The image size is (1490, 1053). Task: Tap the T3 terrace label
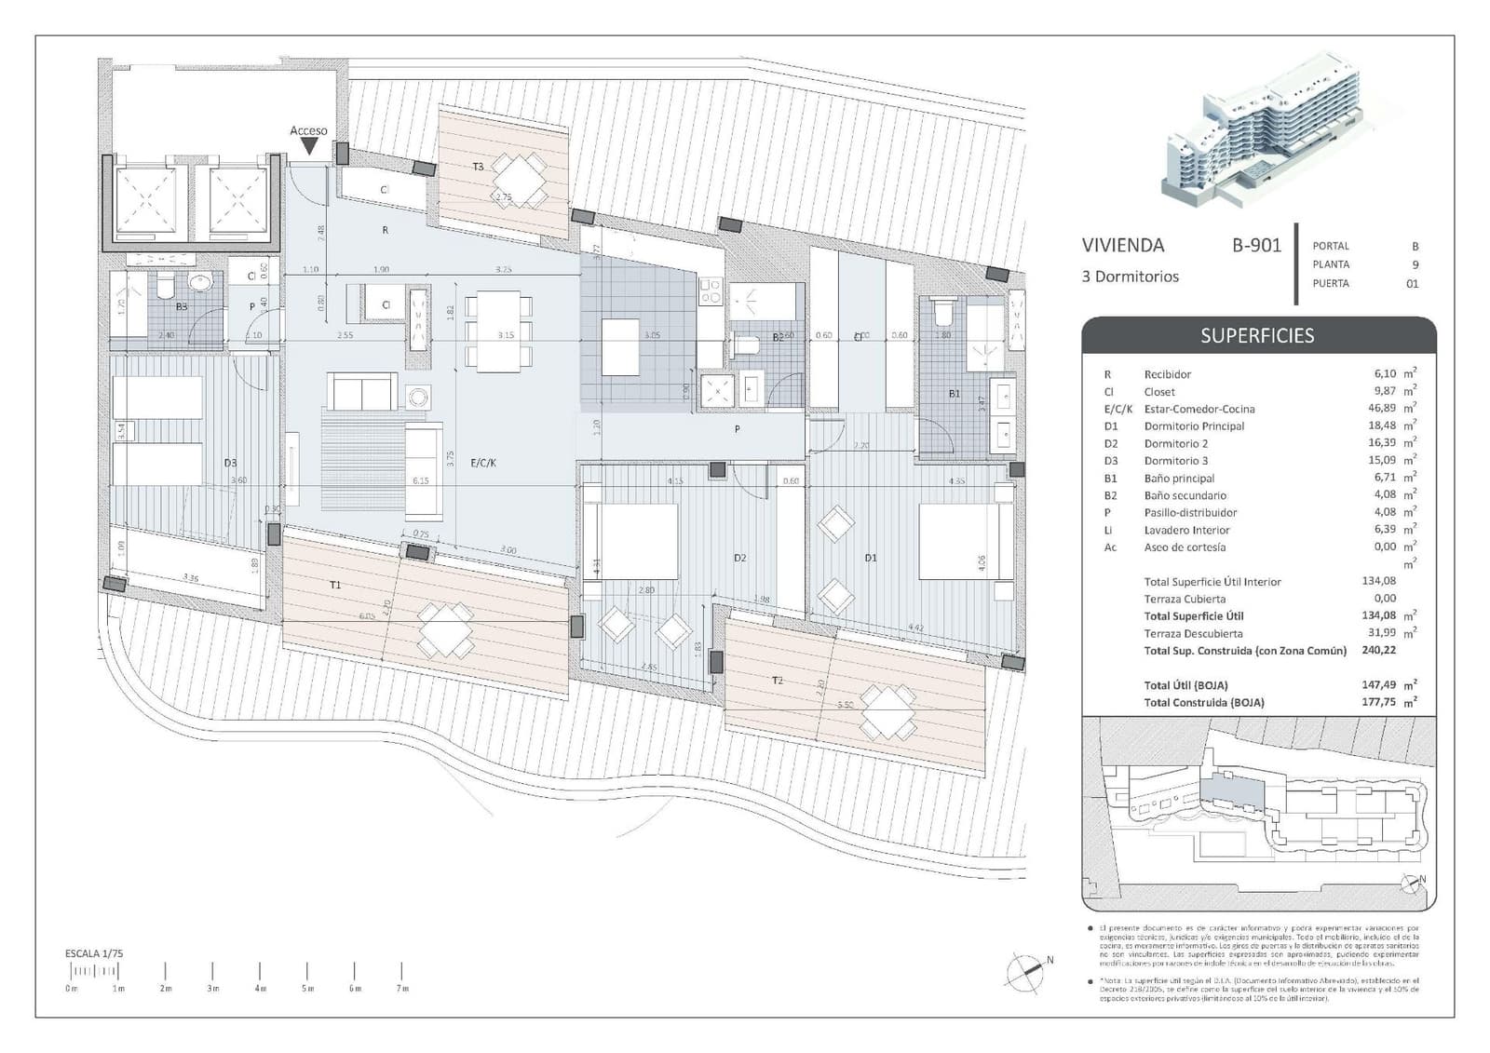click(478, 167)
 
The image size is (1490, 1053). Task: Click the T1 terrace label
click(335, 585)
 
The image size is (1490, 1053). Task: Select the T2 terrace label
click(778, 681)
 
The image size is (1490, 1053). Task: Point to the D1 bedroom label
click(871, 558)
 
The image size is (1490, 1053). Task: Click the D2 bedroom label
click(739, 558)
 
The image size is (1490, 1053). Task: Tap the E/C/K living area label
click(483, 462)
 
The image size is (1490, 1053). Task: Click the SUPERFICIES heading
click(1257, 336)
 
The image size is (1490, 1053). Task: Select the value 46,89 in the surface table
click(1380, 409)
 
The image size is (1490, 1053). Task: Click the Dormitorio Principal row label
click(1194, 426)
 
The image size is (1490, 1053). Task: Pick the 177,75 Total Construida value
click(1378, 702)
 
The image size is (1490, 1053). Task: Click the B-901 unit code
click(1256, 245)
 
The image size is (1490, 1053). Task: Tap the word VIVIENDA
click(1123, 245)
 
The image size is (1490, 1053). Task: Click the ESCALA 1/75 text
click(94, 953)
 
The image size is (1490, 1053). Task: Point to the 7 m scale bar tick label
click(402, 988)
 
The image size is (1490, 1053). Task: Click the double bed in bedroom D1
click(965, 541)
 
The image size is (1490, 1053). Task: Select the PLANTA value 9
click(1415, 264)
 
